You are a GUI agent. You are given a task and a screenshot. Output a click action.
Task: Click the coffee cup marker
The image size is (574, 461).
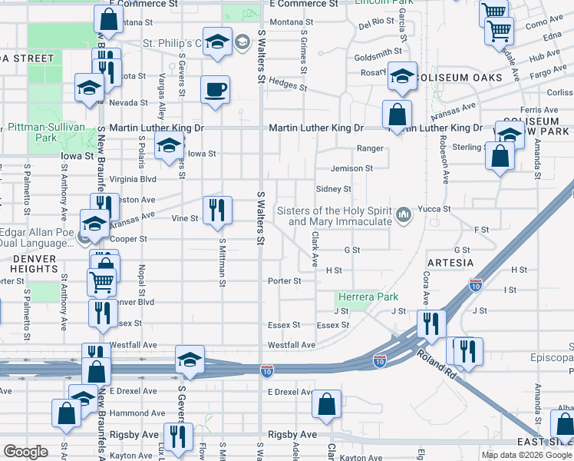[x=215, y=89]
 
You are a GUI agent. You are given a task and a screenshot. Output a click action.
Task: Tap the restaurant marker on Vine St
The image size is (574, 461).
[x=216, y=209]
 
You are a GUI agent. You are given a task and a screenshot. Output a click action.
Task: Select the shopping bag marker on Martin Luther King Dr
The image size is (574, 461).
[x=398, y=115]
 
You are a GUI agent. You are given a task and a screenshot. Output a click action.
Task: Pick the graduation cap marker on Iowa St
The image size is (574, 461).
[x=168, y=145]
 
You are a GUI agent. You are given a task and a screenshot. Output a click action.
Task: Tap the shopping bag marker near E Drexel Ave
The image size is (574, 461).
[x=327, y=404]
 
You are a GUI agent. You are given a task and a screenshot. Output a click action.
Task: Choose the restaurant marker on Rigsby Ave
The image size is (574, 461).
[x=178, y=437]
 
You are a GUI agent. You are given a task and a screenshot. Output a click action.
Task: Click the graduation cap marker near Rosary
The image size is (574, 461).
[x=401, y=76]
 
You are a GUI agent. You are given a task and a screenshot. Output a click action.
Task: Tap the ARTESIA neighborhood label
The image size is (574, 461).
[x=450, y=263]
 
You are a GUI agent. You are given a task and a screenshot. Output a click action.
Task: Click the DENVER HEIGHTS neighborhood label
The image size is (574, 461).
[x=35, y=264]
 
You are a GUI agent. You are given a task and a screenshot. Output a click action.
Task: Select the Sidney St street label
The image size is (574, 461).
[x=333, y=189]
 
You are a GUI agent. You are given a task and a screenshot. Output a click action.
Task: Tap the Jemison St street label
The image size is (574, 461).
[x=351, y=168]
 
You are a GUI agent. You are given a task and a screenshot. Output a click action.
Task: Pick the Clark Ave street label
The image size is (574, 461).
[x=315, y=250]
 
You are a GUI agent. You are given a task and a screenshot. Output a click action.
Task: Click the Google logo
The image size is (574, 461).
[x=26, y=452]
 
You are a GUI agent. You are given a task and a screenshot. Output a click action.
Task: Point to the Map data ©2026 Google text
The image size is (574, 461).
[x=525, y=455]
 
